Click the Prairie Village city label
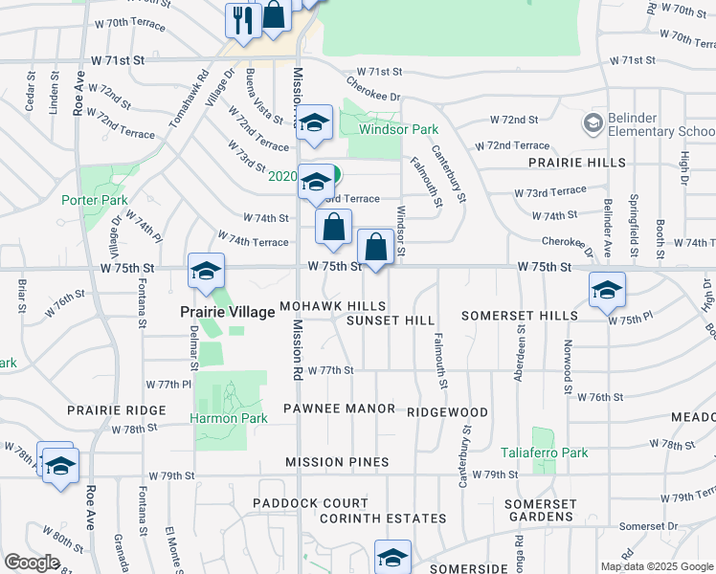click(226, 312)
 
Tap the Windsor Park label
click(398, 129)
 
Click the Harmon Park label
click(226, 418)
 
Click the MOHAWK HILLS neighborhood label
click(332, 306)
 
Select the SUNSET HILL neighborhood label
click(391, 320)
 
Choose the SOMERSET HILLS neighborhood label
click(519, 315)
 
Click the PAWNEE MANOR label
click(340, 408)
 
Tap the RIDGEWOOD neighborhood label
click(447, 412)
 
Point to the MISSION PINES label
click(337, 462)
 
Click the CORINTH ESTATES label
click(383, 519)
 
